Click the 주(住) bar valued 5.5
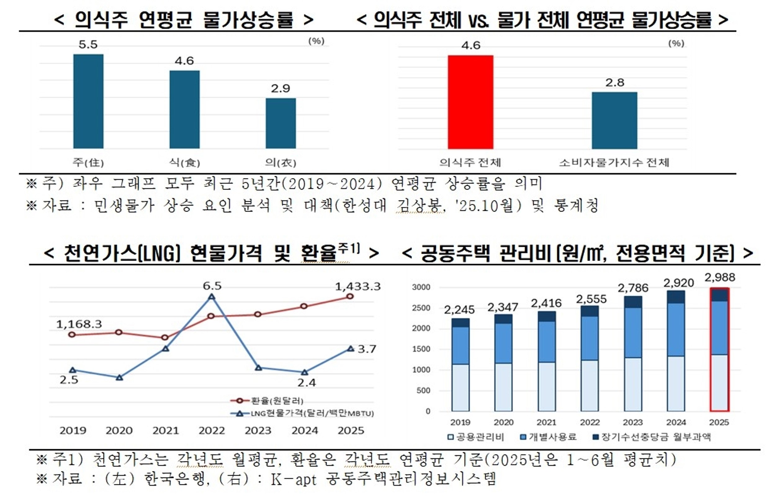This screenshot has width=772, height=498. click(88, 101)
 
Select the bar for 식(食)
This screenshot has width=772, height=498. click(184, 109)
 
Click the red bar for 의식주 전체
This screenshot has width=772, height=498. click(470, 102)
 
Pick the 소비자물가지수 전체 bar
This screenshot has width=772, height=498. click(614, 120)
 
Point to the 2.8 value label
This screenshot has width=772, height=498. click(615, 83)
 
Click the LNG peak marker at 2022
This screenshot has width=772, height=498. click(211, 297)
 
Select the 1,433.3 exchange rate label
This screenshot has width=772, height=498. click(357, 286)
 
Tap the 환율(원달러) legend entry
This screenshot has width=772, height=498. click(267, 401)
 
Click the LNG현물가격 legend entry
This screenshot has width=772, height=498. click(302, 413)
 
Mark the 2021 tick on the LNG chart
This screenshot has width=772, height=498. click(165, 430)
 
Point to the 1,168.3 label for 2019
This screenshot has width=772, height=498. click(79, 324)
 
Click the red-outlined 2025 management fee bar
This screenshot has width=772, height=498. click(719, 349)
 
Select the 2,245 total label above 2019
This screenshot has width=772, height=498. click(459, 310)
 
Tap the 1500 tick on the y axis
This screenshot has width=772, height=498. click(421, 349)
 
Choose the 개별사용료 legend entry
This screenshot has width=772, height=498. click(548, 437)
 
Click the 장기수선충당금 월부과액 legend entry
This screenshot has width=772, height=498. click(652, 437)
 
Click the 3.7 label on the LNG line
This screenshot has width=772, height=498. click(366, 349)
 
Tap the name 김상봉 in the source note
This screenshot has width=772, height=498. click(420, 205)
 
